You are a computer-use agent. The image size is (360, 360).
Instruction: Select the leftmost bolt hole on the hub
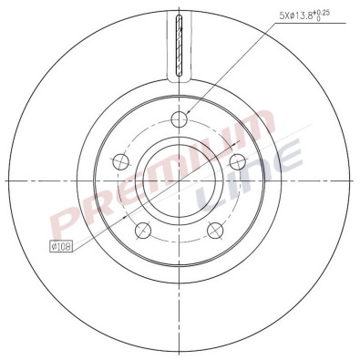118,162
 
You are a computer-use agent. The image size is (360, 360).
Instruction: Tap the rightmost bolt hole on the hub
239,162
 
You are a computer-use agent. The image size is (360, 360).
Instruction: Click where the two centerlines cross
179,180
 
